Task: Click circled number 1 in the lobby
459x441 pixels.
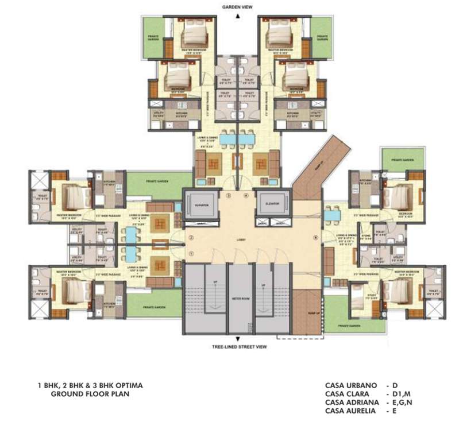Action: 191,254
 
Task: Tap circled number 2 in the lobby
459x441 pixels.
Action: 191,237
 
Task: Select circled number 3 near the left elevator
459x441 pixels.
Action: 228,196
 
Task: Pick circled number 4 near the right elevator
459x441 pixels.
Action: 245,196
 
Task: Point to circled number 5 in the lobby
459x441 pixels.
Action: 315,237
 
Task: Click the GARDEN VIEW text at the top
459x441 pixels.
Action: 237,6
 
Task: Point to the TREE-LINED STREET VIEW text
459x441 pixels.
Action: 237,346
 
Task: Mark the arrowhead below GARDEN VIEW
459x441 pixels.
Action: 237,16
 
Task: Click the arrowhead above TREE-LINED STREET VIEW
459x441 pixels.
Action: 237,338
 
